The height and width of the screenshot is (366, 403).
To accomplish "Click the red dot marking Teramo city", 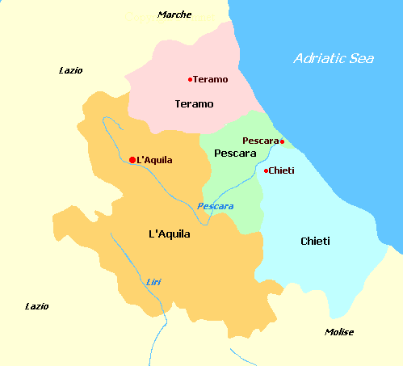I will coord(190,79).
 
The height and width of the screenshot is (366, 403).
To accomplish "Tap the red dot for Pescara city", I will coord(282,141).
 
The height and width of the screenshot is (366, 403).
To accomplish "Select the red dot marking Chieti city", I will coord(266,170).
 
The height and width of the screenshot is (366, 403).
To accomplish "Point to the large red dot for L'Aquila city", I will coord(132,160).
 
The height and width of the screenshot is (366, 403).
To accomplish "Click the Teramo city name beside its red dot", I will coord(211,79).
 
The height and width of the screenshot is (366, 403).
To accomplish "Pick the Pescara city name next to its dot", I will coord(260,141).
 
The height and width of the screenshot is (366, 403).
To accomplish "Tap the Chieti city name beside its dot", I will coord(282,170).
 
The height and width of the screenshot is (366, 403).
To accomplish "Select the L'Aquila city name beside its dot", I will coord(155,160).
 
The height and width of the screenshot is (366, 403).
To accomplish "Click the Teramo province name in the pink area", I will coord(194,104).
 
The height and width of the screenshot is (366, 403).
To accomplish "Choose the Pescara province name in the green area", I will coord(235,153).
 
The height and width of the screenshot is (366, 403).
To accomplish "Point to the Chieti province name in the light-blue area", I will coord(315,242).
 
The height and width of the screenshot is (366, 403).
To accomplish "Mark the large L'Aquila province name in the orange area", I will coord(170,234).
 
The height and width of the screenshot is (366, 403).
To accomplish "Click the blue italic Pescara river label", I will coord(216,206).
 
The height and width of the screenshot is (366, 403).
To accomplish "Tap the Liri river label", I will coord(153,281).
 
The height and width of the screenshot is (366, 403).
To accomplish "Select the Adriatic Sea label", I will coord(333,58).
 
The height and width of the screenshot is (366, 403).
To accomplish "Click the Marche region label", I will coord(175,15).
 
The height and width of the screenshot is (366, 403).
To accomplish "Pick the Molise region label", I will coord(339,332).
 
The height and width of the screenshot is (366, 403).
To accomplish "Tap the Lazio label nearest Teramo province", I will coord(71,70).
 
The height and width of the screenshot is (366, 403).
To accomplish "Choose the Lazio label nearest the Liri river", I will coord(36,306).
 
